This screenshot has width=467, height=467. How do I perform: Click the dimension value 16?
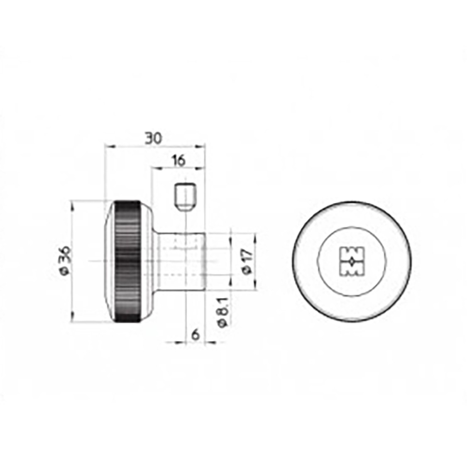(x=178, y=161)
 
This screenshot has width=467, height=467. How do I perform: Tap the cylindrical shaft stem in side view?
(x=183, y=262)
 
